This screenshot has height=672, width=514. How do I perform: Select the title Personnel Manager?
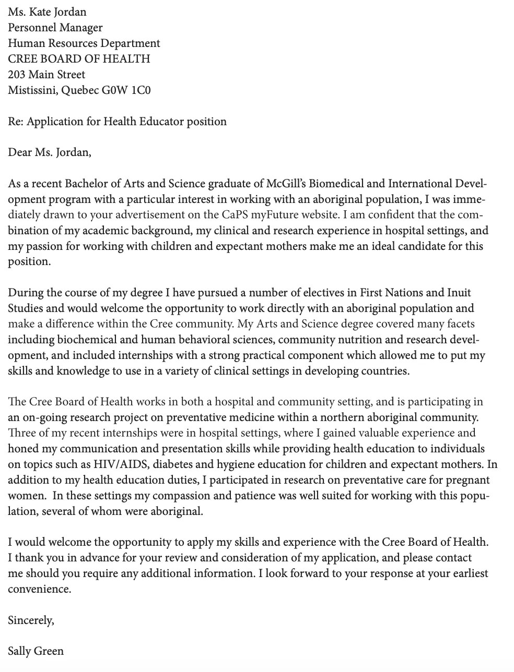pyautogui.click(x=55, y=27)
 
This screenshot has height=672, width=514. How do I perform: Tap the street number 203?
pyautogui.click(x=17, y=74)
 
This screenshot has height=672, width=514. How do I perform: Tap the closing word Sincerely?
pyautogui.click(x=30, y=620)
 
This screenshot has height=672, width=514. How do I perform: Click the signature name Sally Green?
pyautogui.click(x=36, y=651)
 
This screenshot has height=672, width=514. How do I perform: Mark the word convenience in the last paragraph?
pyautogui.click(x=39, y=589)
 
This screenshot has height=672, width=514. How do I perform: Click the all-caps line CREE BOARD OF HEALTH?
pyautogui.click(x=79, y=58)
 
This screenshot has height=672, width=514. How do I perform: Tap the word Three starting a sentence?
pyautogui.click(x=20, y=433)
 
